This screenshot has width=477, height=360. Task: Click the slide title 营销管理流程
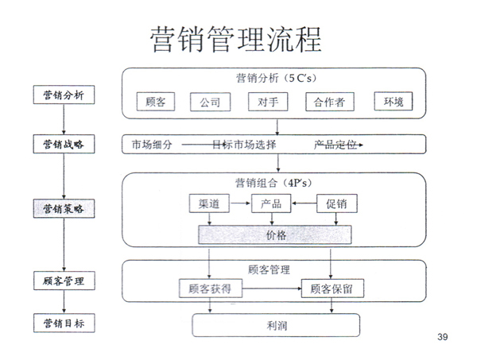click(236, 38)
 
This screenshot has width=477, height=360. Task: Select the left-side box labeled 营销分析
click(64, 95)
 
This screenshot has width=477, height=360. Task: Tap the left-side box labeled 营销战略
click(64, 144)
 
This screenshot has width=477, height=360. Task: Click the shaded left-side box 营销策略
click(64, 208)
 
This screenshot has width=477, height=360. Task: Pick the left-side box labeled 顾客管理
click(64, 281)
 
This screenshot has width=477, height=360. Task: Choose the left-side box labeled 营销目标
click(64, 324)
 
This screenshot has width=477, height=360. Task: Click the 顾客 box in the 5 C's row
click(156, 103)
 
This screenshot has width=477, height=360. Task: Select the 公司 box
click(211, 103)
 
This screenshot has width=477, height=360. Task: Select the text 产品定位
click(336, 145)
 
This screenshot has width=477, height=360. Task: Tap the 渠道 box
click(209, 203)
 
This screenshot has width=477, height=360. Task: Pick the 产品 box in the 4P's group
click(270, 203)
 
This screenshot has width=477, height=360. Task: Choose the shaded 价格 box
click(275, 235)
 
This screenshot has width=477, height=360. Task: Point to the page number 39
click(443, 338)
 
